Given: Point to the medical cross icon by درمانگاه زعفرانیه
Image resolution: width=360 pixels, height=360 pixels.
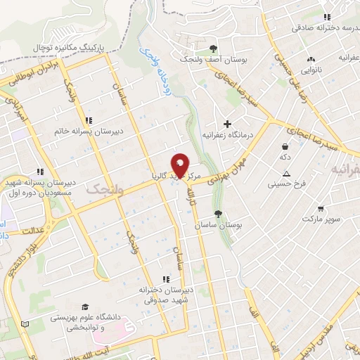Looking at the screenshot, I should point(227,123).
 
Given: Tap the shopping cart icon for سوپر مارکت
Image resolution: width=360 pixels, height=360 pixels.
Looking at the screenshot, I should point(321,209).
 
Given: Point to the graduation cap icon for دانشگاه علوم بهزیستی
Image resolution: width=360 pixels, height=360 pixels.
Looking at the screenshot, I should point(85,306).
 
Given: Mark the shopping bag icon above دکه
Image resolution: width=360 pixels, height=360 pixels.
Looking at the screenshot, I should point(285,146).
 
